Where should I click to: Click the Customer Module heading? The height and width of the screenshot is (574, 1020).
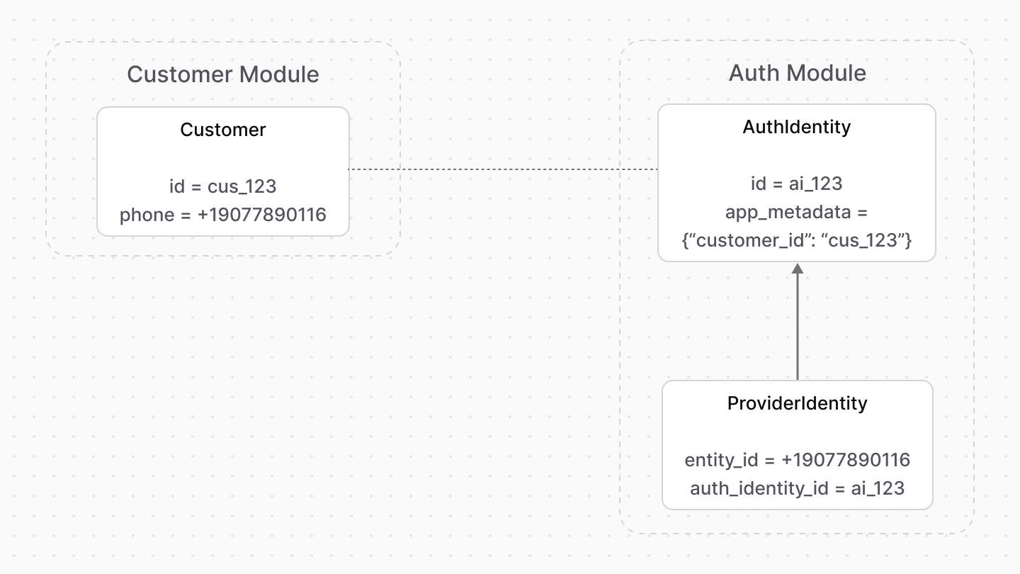[x=222, y=74]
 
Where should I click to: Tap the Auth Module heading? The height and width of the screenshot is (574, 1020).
[x=797, y=73]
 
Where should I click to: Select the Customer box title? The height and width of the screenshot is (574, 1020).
[x=222, y=130]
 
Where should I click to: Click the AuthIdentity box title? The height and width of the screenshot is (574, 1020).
[x=797, y=127]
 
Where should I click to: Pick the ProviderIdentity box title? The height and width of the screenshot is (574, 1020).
[x=797, y=403]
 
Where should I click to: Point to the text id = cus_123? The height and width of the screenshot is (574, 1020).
[x=222, y=186]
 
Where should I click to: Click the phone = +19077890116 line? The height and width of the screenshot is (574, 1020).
[x=222, y=215]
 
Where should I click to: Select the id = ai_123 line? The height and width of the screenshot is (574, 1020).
[x=797, y=184]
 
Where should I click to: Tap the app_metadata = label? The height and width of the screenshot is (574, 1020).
[x=797, y=212]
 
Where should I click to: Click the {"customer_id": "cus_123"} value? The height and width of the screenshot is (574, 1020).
[x=797, y=240]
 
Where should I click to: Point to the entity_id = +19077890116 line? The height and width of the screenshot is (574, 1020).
[x=797, y=460]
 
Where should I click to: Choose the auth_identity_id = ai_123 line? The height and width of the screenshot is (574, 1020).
[x=797, y=488]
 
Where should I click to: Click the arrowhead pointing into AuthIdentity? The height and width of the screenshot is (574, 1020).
[x=798, y=269]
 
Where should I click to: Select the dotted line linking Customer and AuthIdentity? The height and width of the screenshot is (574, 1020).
[x=503, y=169]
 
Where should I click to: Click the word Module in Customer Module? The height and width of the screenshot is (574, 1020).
[x=279, y=74]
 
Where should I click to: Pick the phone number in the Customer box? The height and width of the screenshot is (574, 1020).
[x=261, y=215]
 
